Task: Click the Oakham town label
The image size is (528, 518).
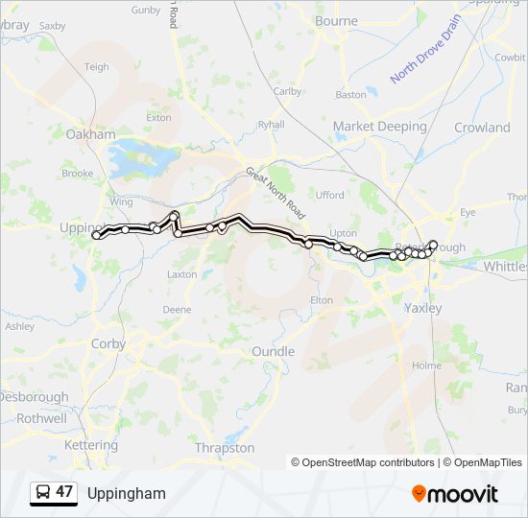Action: pyautogui.click(x=90, y=134)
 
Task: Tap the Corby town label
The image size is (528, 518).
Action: pyautogui.click(x=108, y=343)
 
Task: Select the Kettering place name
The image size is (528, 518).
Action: pyautogui.click(x=90, y=445)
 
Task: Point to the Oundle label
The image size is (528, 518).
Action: pyautogui.click(x=273, y=352)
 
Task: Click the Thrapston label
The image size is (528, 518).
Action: pyautogui.click(x=224, y=448)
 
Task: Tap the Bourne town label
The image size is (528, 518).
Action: pyautogui.click(x=336, y=20)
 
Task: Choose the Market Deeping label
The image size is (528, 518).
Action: pyautogui.click(x=379, y=127)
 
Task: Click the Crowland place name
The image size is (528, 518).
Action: pyautogui.click(x=482, y=128)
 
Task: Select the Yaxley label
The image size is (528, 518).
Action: pyautogui.click(x=422, y=309)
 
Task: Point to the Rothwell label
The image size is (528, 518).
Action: pyautogui.click(x=41, y=418)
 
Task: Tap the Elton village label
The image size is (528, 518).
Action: pyautogui.click(x=321, y=300)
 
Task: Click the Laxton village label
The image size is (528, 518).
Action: pyautogui.click(x=181, y=274)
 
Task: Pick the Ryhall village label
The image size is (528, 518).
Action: pyautogui.click(x=272, y=124)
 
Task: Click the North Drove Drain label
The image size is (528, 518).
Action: pyautogui.click(x=426, y=49)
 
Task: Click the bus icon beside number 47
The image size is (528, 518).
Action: pyautogui.click(x=42, y=493)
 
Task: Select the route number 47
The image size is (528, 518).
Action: pyautogui.click(x=64, y=492)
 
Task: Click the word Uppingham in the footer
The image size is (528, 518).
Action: pyautogui.click(x=126, y=494)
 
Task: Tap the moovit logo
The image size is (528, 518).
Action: pyautogui.click(x=455, y=494)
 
